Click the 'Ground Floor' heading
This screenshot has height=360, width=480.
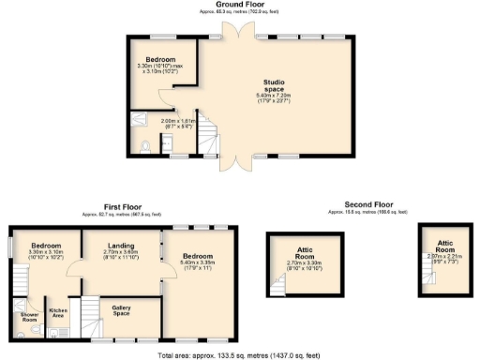(x=238, y=5)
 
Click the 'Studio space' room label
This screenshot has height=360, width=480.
(x=275, y=85)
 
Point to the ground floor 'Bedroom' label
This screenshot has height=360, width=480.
(x=159, y=59)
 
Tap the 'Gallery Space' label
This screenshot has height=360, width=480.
(x=121, y=310)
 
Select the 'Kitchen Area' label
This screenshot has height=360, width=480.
(x=58, y=312)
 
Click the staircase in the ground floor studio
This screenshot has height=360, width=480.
(x=209, y=139)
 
